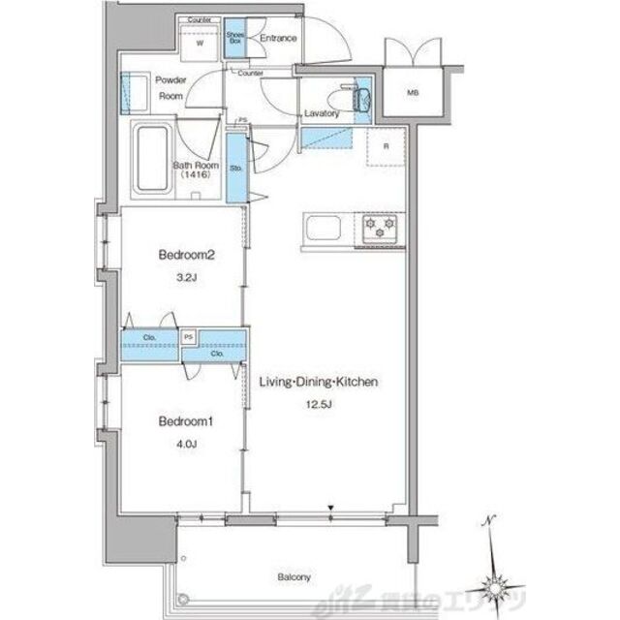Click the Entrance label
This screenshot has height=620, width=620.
(x=278, y=39)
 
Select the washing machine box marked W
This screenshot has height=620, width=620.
(x=201, y=43)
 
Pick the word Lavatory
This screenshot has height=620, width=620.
(x=321, y=113)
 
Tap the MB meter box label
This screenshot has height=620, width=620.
(x=414, y=94)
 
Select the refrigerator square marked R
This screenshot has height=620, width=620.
(x=387, y=147)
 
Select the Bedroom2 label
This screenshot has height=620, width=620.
(x=185, y=257)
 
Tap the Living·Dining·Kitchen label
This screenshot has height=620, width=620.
(x=318, y=382)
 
